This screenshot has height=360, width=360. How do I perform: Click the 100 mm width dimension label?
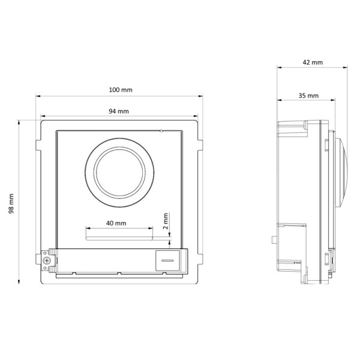tap(120, 89)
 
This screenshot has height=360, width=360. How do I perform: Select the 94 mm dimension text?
tap(118, 111)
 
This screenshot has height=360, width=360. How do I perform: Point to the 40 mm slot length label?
tap(116, 223)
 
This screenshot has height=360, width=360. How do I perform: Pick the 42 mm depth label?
tap(313, 62)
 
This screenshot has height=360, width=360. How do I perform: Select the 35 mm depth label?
tap(308, 95)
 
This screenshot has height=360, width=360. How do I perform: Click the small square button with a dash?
tap(166, 260)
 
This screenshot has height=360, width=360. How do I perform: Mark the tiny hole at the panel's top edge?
tap(161, 130)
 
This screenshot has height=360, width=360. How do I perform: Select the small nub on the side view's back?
tap(274, 239)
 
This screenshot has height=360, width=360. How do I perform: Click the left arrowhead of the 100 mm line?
tap(37, 95)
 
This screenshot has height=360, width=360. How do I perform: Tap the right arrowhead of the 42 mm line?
tap(345, 67)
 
